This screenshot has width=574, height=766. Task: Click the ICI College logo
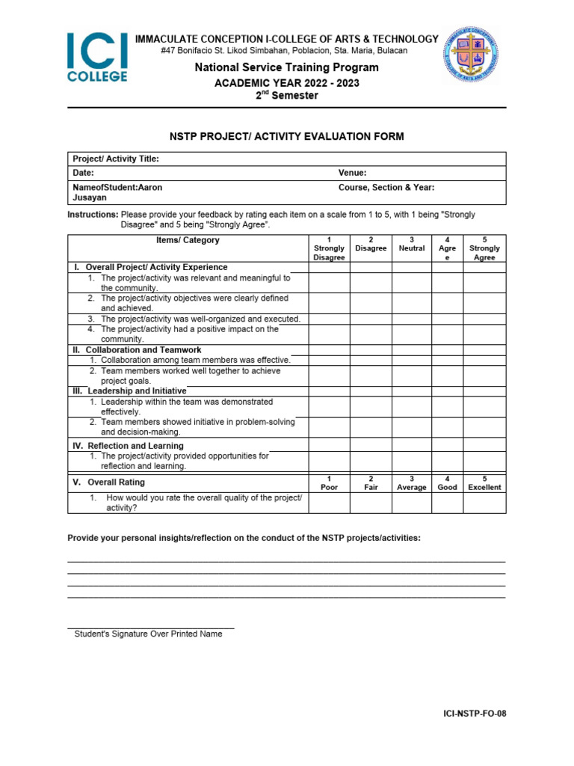97,56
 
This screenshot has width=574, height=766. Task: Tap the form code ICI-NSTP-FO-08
475,714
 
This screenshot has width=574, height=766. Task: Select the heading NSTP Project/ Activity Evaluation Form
287,136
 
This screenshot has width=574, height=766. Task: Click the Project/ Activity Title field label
116,159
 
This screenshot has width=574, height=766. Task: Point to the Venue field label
352,173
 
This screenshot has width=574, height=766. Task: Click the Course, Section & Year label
386,188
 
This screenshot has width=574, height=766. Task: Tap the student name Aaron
149,188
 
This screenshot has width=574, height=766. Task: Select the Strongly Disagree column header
329,249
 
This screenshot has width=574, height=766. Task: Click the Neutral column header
412,245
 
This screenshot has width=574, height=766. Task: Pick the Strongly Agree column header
484,249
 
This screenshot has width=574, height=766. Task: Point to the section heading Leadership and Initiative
137,391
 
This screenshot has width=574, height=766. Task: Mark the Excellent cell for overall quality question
484,503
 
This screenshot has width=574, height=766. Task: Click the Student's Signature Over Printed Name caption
148,634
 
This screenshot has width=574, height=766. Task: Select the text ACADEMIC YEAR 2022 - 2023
287,83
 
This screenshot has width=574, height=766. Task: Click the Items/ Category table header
188,240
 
